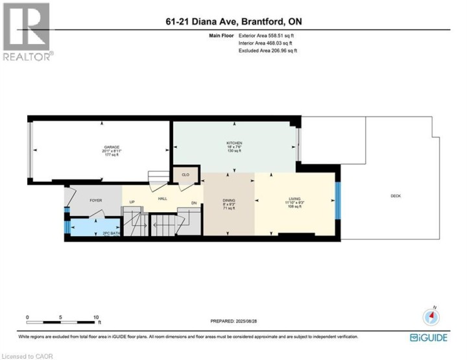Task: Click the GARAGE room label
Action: [101, 147]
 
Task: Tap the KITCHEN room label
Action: [233, 143]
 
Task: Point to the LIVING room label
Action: [295, 199]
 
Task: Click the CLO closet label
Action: [184, 174]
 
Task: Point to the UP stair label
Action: [132, 202]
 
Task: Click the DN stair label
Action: [194, 203]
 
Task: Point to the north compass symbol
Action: [431, 317]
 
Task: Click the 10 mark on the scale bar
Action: [96, 317]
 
